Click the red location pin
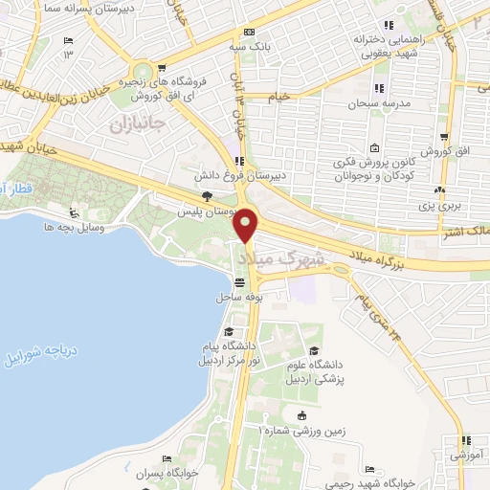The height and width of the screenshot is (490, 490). (247, 226)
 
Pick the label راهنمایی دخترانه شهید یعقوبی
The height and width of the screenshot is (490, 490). (388, 47)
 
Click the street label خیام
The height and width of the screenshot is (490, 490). (278, 97)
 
